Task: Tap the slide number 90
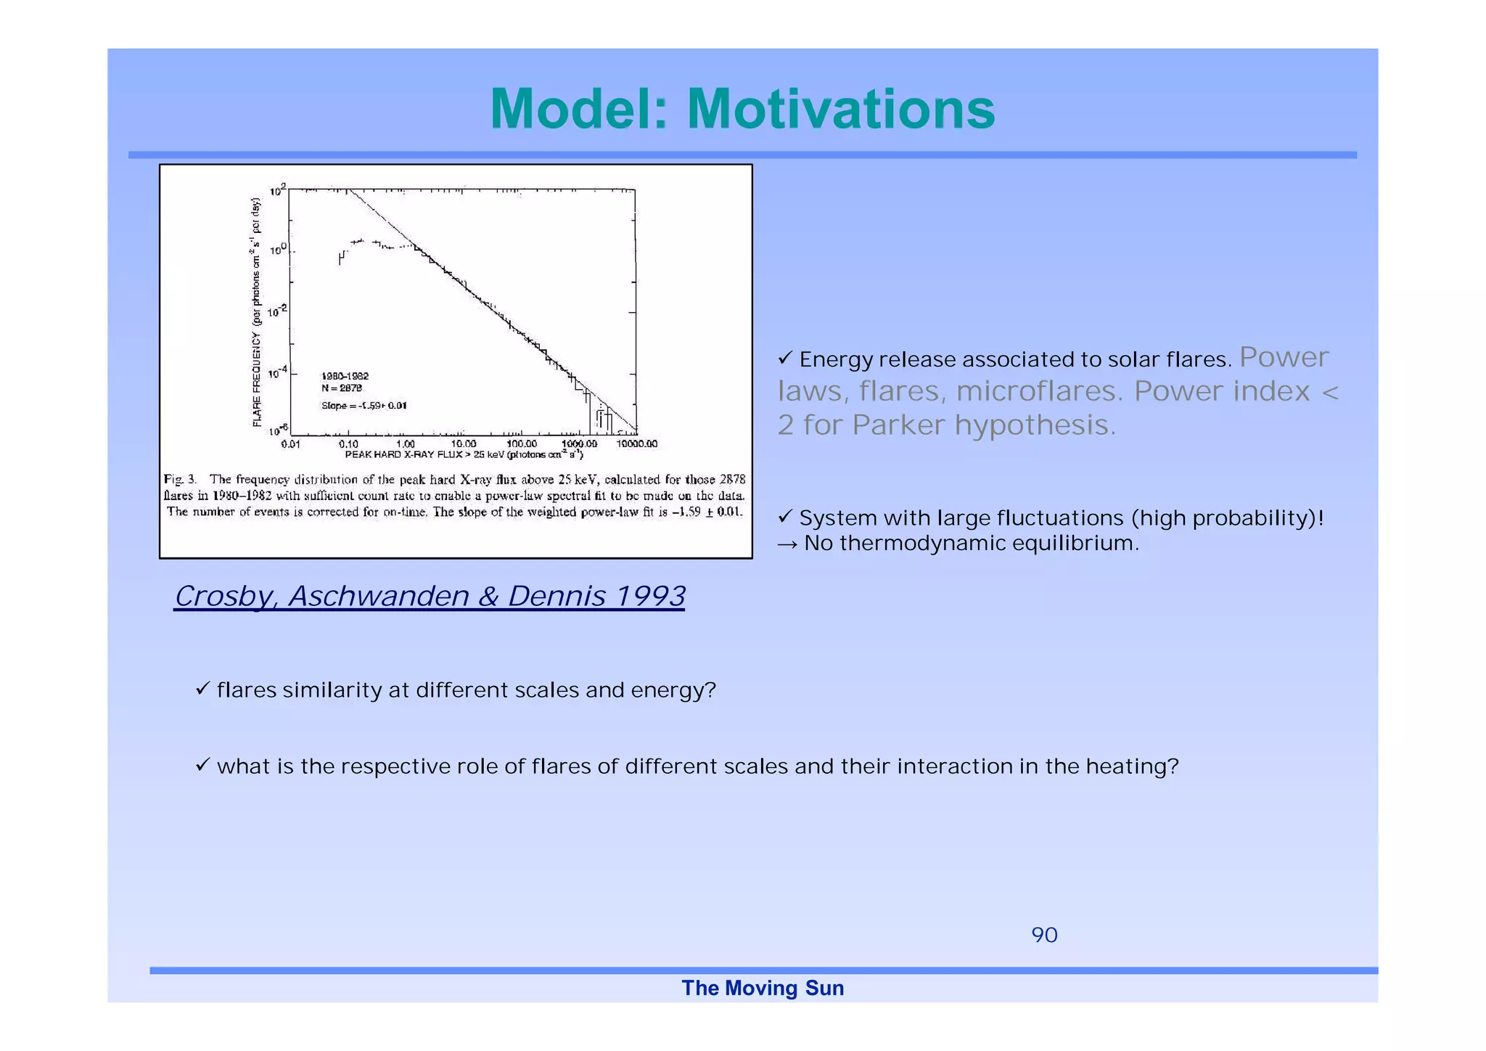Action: [x=1044, y=935]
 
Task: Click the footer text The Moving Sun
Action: [x=763, y=988]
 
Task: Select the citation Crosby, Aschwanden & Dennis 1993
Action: [x=430, y=596]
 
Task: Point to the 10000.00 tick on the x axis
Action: [x=636, y=443]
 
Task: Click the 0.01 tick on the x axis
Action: [x=290, y=443]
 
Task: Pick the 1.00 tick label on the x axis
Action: [x=406, y=443]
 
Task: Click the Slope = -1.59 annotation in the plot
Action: [x=364, y=406]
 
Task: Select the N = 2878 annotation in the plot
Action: [x=341, y=388]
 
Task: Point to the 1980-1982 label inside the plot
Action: [x=345, y=376]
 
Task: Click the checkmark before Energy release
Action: [x=785, y=358]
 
